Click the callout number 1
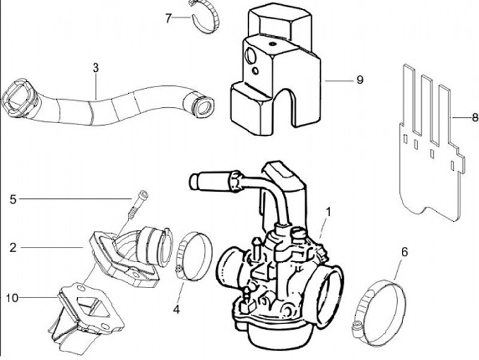(328, 211)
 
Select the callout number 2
(13, 248)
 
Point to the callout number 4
(176, 309)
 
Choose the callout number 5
(13, 198)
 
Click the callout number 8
(474, 117)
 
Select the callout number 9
(359, 80)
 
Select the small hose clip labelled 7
(206, 18)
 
